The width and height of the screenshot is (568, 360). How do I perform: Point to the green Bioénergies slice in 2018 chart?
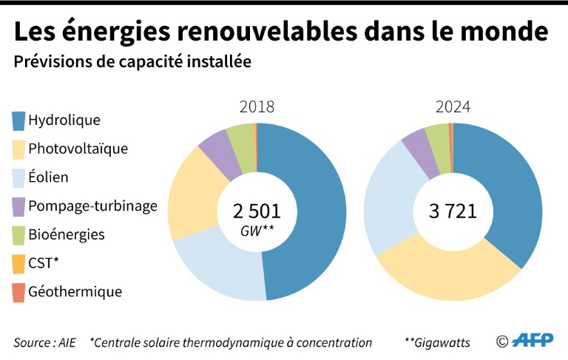tap(240, 140)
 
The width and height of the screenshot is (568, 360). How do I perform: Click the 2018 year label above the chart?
tap(257, 106)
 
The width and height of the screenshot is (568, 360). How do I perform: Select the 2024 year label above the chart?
tap(453, 106)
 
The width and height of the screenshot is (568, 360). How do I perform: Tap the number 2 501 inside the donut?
tap(257, 211)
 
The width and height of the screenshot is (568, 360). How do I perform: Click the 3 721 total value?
tap(453, 211)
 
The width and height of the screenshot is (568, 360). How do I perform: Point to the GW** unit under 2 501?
tap(257, 231)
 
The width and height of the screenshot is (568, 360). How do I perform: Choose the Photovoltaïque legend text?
tap(78, 149)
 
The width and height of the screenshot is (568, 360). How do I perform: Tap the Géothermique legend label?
tap(75, 291)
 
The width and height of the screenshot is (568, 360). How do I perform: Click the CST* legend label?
tap(44, 263)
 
